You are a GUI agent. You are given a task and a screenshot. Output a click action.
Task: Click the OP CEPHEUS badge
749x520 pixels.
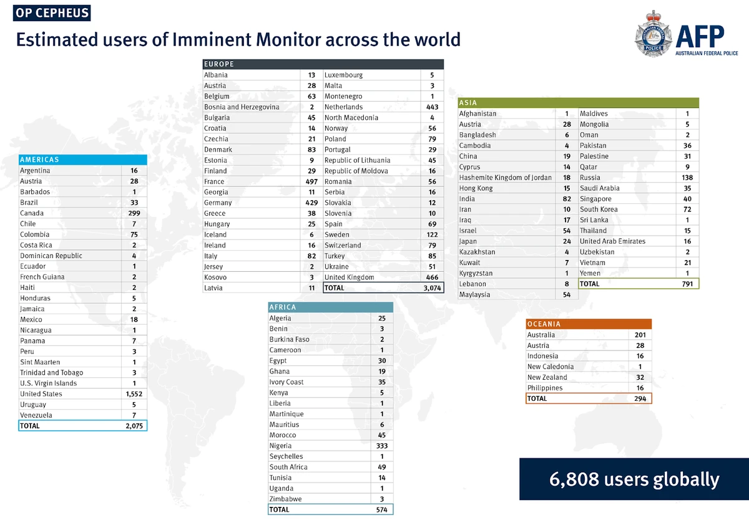pos(52,12)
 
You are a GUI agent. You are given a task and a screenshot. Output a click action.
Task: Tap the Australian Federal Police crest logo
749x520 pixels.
pos(653,37)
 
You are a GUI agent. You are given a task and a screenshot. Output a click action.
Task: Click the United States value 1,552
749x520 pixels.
pos(134,394)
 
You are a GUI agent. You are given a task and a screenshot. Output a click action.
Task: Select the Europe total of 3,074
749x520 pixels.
pos(431,288)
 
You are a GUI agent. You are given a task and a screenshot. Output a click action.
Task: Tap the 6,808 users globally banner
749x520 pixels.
pos(634,479)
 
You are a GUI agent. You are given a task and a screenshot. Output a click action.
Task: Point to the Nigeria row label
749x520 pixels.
pos(280,446)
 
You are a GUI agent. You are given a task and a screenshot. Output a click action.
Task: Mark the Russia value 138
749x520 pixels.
pos(687,178)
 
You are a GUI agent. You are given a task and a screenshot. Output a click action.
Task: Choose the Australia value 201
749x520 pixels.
pos(639,335)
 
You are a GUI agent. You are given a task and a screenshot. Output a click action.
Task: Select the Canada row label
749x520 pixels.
pos(32,213)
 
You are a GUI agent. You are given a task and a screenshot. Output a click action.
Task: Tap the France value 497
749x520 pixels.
pos(311,181)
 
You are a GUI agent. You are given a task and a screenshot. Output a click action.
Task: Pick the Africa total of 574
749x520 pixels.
pos(381,509)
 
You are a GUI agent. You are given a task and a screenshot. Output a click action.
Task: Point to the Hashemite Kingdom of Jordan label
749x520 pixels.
pos(505,178)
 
